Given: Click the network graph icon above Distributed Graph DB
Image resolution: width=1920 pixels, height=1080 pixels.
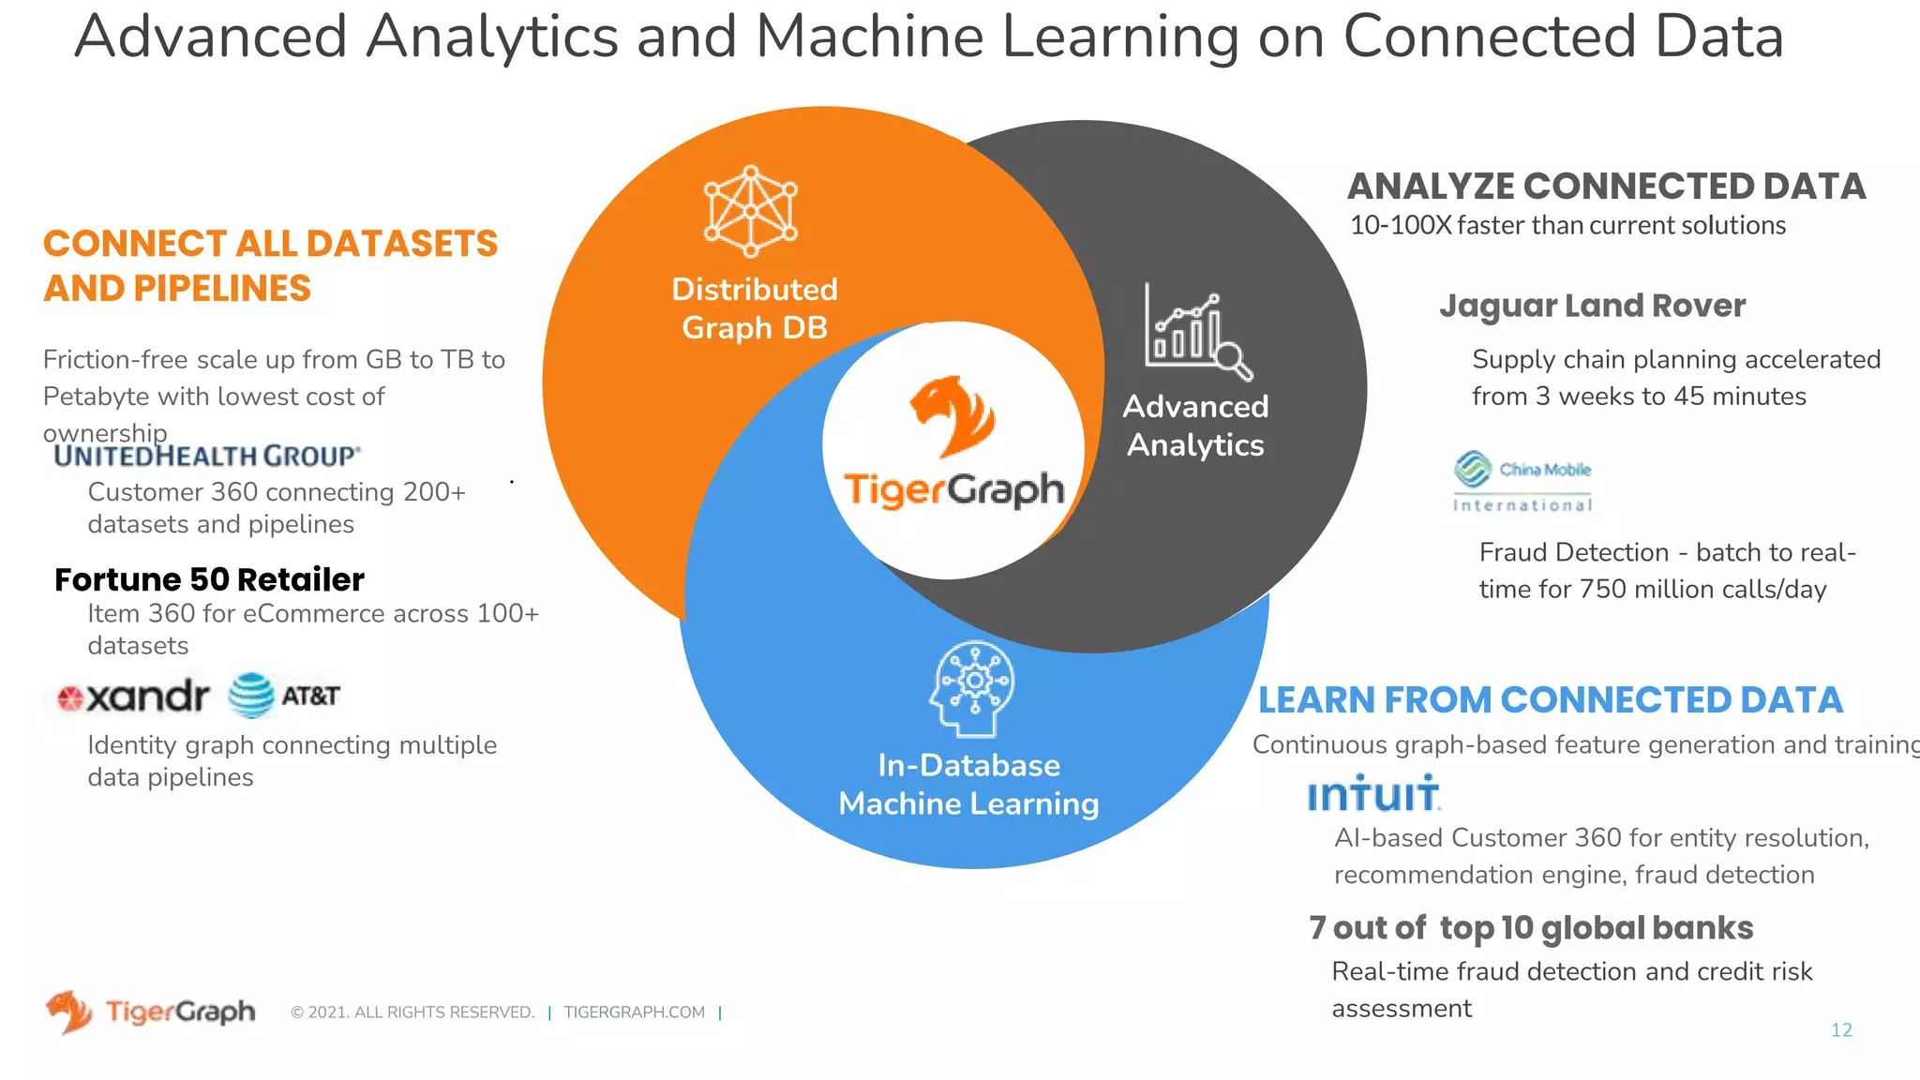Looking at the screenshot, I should pyautogui.click(x=750, y=212).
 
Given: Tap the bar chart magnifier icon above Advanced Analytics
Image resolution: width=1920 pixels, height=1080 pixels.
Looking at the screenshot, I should pyautogui.click(x=1197, y=334).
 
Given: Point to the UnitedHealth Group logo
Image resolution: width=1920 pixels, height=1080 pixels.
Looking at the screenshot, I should pyautogui.click(x=206, y=456).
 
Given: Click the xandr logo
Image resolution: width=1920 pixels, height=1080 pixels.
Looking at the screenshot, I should pyautogui.click(x=133, y=697).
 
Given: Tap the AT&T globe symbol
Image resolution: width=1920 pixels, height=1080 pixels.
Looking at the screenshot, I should pyautogui.click(x=251, y=696).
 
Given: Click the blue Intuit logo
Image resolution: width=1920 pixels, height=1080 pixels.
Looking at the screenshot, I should pyautogui.click(x=1373, y=794).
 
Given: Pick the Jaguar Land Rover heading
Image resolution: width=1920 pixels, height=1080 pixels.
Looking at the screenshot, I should pyautogui.click(x=1592, y=306).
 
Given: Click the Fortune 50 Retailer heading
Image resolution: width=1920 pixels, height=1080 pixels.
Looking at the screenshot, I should pyautogui.click(x=209, y=579).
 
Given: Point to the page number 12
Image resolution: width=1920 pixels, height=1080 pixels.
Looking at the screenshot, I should pyautogui.click(x=1841, y=1030).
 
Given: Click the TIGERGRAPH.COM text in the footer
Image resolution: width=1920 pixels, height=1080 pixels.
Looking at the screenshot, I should pyautogui.click(x=634, y=1012).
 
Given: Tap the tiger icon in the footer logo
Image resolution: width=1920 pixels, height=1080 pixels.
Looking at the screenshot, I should pyautogui.click(x=69, y=1012).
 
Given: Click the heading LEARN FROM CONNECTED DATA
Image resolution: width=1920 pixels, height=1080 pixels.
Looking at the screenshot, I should pyautogui.click(x=1550, y=699).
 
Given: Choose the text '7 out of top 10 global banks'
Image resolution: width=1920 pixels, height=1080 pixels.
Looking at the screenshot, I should pyautogui.click(x=1531, y=928).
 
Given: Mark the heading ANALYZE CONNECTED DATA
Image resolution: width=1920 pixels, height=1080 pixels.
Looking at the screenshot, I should pyautogui.click(x=1606, y=187).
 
